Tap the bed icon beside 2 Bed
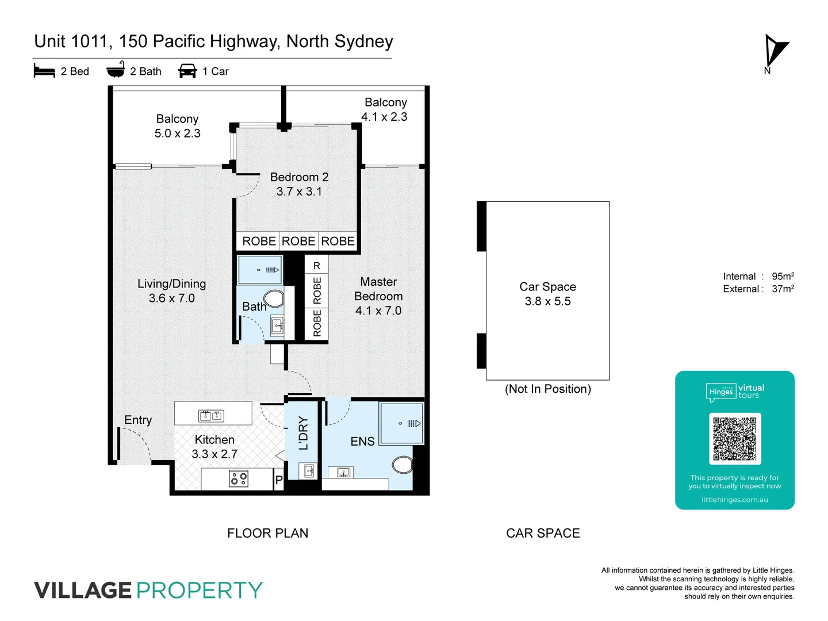click(x=44, y=71)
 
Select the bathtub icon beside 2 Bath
click(x=116, y=70)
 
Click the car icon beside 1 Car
click(x=187, y=71)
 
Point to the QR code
click(x=735, y=439)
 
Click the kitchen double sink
click(x=211, y=415)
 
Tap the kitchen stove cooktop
click(x=239, y=478)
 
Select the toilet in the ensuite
click(x=402, y=464)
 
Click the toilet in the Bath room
click(x=274, y=298)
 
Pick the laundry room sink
click(x=308, y=471)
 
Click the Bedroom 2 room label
click(x=299, y=177)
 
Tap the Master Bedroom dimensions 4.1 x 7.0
click(x=378, y=310)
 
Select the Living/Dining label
click(x=171, y=283)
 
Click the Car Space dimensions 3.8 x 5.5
click(x=547, y=301)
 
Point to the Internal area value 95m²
click(x=783, y=277)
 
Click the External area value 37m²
click(x=783, y=289)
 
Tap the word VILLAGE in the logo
click(x=83, y=591)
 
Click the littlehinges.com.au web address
click(x=734, y=500)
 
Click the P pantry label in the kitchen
click(x=279, y=480)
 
